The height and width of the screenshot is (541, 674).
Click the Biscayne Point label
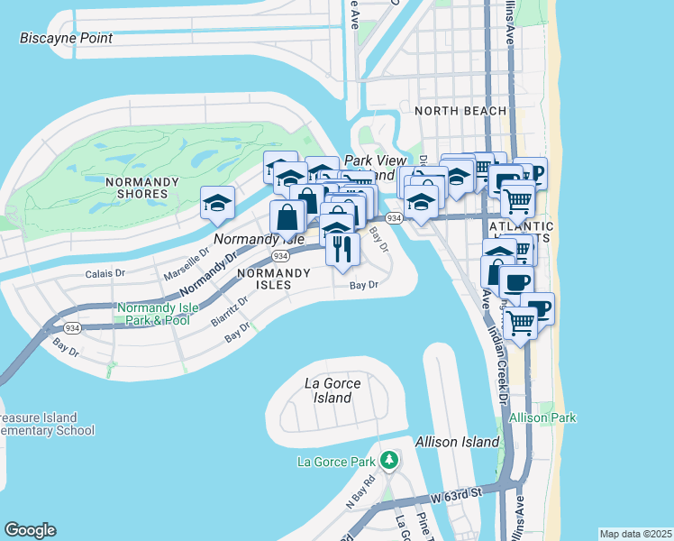(x=67, y=39)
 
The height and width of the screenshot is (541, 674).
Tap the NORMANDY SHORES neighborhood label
(x=136, y=187)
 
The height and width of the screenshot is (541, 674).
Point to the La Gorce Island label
(x=332, y=390)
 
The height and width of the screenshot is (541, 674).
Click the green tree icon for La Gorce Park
(x=389, y=462)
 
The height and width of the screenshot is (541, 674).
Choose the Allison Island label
(x=457, y=442)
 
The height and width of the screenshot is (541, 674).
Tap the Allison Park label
(x=542, y=417)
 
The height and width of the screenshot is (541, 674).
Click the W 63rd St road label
(x=457, y=493)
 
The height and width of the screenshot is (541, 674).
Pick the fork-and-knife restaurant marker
(x=342, y=247)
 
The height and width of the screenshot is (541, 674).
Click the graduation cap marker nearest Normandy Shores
(x=218, y=204)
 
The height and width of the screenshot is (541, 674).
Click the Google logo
(x=30, y=530)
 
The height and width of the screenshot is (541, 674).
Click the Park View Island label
(x=376, y=167)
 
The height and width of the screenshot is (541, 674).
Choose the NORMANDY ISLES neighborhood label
(x=265, y=278)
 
